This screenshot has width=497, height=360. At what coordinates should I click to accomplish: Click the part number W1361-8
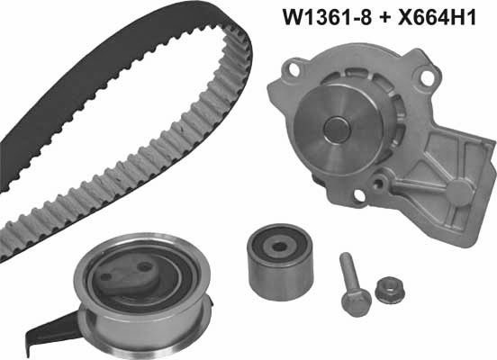[x=327, y=17]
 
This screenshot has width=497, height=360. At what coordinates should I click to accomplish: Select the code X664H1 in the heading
[x=437, y=17]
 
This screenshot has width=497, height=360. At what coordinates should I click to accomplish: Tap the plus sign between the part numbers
[x=384, y=18]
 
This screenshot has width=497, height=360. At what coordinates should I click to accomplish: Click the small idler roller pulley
[x=279, y=261]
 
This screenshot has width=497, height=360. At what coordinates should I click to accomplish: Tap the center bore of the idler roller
[x=279, y=247]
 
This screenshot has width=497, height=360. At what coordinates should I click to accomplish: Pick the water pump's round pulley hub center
[x=337, y=130]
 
